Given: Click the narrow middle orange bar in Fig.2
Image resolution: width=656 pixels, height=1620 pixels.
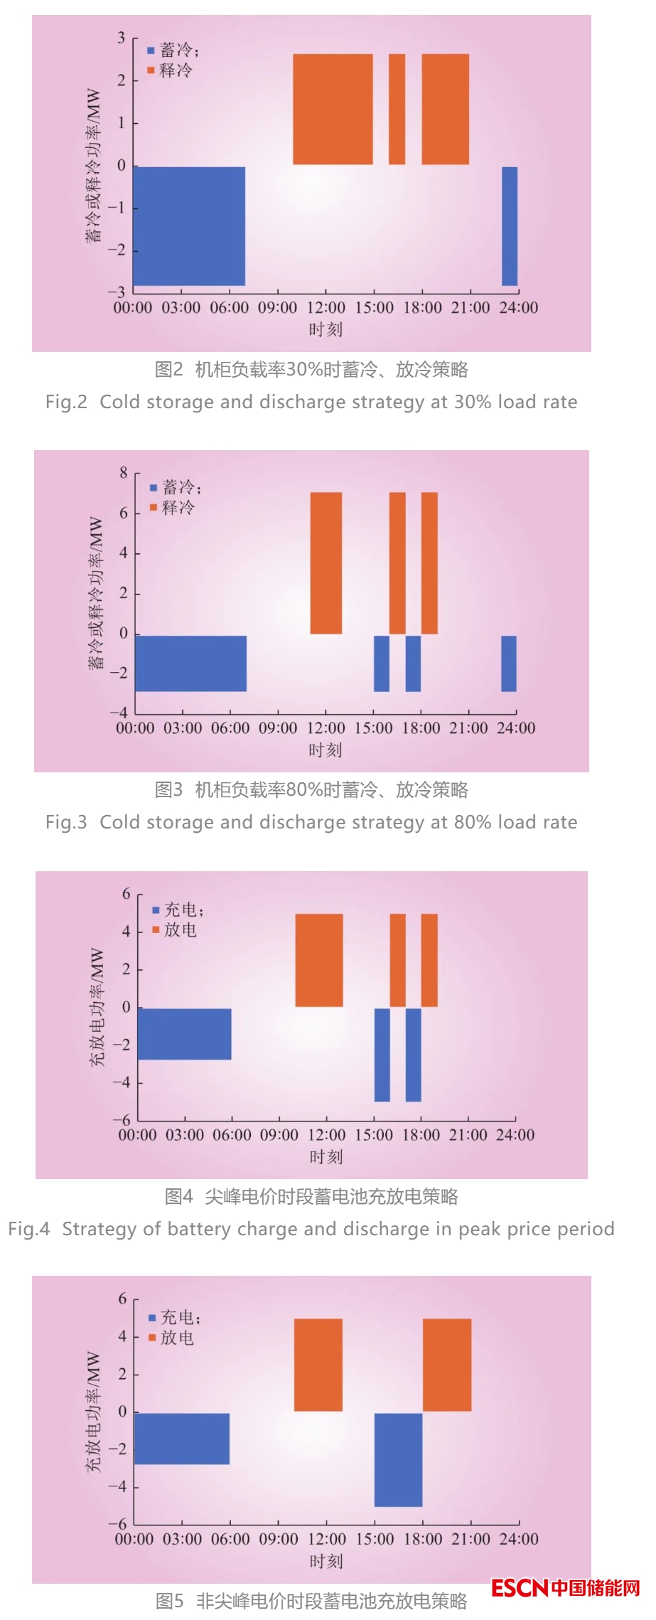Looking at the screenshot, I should (x=397, y=109).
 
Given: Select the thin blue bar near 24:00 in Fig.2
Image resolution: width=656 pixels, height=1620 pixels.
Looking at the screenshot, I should (x=510, y=225).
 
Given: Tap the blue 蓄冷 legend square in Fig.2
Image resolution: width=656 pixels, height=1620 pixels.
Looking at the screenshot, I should (x=151, y=50).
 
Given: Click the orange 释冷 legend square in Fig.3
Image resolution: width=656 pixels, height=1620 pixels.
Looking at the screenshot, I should (x=154, y=507).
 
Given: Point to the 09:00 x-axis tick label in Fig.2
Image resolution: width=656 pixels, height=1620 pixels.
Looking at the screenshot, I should (x=277, y=308).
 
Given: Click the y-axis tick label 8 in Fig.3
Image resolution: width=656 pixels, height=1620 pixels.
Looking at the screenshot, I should (x=124, y=473).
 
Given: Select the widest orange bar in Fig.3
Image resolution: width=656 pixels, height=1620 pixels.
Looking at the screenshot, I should (x=326, y=563).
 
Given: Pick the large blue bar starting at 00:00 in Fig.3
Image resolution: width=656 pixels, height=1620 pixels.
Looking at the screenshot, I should (x=190, y=663).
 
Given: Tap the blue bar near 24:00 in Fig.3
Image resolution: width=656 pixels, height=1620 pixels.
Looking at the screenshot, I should (x=508, y=663).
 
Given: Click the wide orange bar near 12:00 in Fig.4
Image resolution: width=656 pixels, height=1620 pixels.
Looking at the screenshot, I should (x=319, y=959).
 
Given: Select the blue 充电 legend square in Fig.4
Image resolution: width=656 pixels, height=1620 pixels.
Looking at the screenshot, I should (x=156, y=910).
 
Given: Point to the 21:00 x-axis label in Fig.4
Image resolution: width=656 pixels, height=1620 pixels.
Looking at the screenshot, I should (x=468, y=1134).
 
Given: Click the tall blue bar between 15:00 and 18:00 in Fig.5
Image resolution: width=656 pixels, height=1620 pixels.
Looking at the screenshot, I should (x=398, y=1459).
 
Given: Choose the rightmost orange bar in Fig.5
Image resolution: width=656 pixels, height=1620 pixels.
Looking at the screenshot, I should (x=447, y=1365).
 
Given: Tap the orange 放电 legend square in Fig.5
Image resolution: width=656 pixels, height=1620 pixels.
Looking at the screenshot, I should (x=152, y=1338).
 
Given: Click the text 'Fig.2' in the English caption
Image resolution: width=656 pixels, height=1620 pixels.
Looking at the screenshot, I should (x=66, y=402).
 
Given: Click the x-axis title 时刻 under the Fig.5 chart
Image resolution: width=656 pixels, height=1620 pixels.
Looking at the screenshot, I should (x=326, y=1561).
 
